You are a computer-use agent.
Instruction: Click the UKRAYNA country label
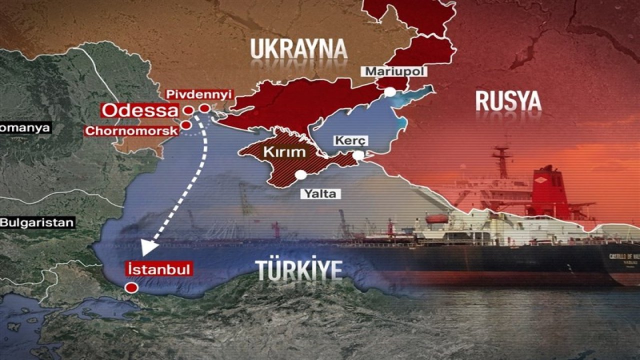coord(298,49)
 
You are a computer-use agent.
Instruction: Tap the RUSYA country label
coord(508,101)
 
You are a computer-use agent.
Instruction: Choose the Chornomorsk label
coord(131,131)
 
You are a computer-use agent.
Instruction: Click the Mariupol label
coord(395,71)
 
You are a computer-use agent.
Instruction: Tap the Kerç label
coord(350,140)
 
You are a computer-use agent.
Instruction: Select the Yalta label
coord(320,193)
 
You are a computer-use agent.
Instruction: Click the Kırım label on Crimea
coord(285,151)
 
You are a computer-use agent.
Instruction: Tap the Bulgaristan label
coord(36,222)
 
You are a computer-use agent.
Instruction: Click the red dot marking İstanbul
coord(131,287)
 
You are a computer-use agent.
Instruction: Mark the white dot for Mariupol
coord(389,92)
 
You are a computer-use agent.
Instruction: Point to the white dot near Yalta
coord(300,175)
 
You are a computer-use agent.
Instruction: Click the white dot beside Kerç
coord(358,155)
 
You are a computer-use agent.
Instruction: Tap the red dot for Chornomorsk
coord(185,125)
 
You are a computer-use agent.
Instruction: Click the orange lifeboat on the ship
coord(437,218)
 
